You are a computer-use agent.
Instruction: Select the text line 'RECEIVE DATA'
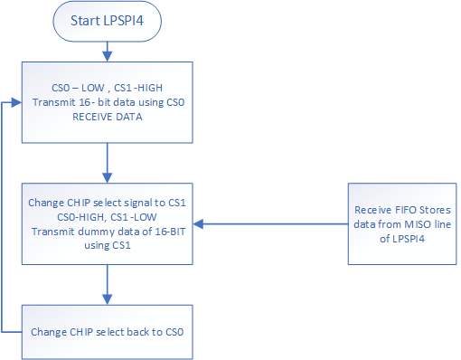(108, 116)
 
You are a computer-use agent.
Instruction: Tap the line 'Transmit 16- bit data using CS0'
(108, 102)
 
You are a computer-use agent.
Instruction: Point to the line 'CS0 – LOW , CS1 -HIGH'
(108, 89)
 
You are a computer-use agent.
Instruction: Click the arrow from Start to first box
(108, 51)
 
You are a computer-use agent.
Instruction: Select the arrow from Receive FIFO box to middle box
(271, 223)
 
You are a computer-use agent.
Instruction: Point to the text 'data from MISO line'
(401, 223)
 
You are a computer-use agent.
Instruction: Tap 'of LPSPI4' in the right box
(401, 237)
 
